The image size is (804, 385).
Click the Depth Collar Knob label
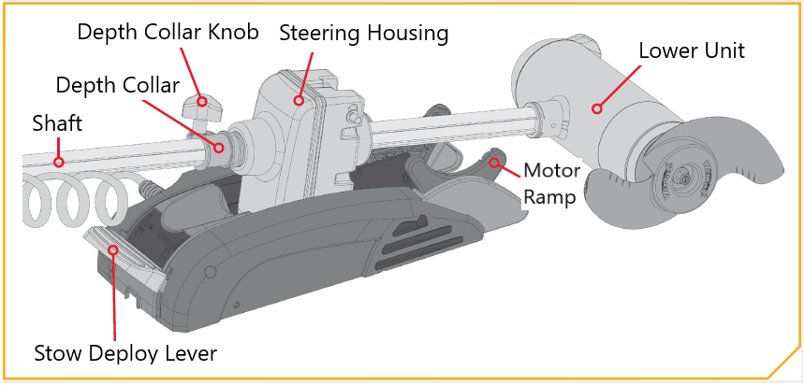click(x=168, y=33)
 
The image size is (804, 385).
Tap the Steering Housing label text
click(x=363, y=34)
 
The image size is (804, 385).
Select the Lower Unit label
click(x=691, y=50)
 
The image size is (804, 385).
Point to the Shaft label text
click(x=57, y=123)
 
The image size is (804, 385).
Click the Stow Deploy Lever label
click(x=125, y=354)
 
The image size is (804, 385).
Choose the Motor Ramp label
click(x=551, y=184)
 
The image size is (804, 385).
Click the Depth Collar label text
click(x=117, y=85)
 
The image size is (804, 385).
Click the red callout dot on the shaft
click(x=59, y=163)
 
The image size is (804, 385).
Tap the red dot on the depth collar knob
click(x=202, y=101)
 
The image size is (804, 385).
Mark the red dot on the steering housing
click(x=299, y=101)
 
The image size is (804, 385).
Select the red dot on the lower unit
click(x=596, y=108)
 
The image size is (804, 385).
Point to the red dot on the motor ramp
click(x=494, y=163)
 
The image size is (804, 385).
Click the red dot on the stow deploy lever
click(x=113, y=250)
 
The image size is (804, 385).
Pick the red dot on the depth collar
click(x=219, y=148)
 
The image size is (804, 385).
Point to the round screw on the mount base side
click(x=209, y=271)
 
